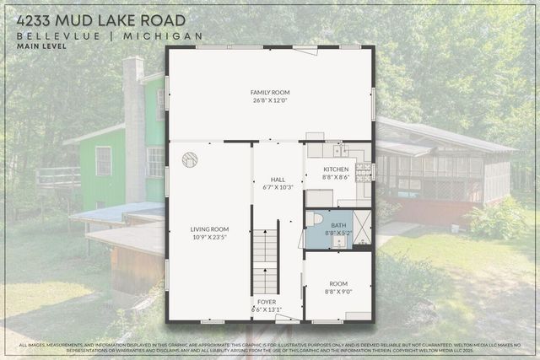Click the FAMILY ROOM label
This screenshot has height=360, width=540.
click(270, 92)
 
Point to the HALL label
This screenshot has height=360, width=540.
click(278, 180)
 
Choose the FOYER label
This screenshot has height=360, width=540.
click(266, 302)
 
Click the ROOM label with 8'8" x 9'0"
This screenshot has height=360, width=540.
click(337, 284)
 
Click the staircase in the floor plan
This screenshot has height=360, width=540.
click(265, 262)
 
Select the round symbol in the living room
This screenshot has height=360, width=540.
click(190, 158)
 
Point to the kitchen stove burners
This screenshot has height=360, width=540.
click(364, 172)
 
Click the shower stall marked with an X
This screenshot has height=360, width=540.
click(362, 227)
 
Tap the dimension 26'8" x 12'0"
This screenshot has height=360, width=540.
click(270, 100)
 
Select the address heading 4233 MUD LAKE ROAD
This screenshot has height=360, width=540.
click(100, 19)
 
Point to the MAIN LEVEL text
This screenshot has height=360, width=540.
click(40, 46)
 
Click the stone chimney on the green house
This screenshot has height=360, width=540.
click(132, 126)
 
